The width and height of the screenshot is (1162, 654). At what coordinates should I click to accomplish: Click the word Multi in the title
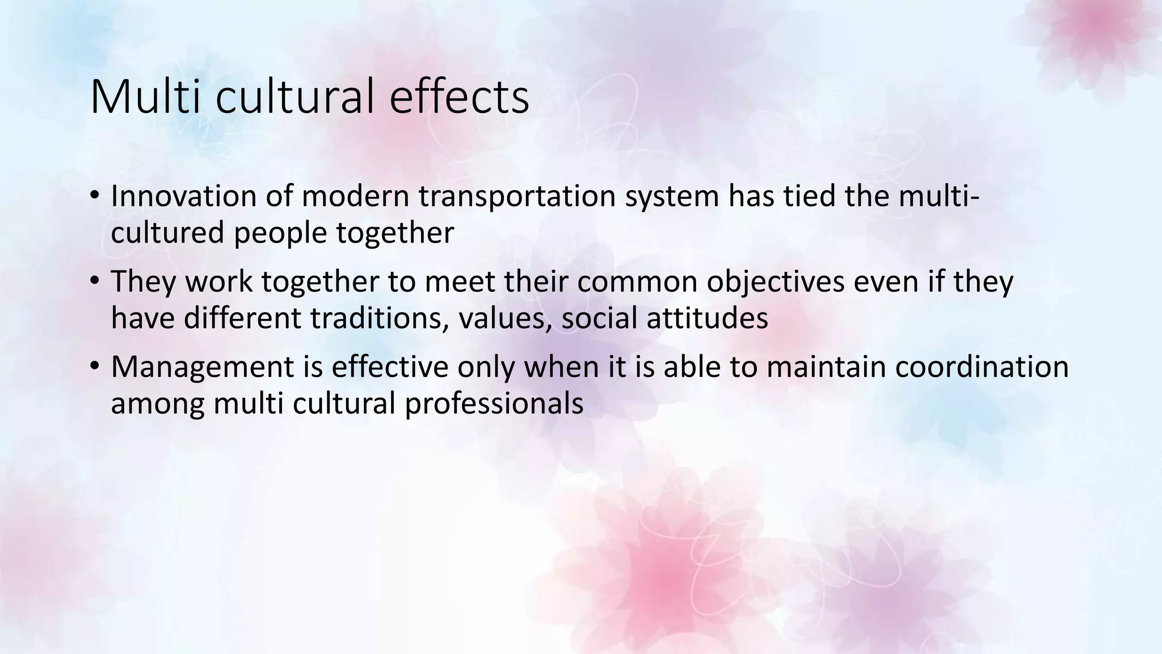coord(144,97)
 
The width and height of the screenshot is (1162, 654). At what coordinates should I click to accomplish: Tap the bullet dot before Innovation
coord(94,196)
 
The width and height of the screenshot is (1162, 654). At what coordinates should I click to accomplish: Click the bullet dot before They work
coord(94,282)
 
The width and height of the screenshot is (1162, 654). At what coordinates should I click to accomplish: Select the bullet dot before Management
coord(94,367)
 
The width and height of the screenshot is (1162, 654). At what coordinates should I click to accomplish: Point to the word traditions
coord(376,318)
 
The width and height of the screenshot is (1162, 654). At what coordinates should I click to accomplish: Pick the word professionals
coord(494,404)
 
